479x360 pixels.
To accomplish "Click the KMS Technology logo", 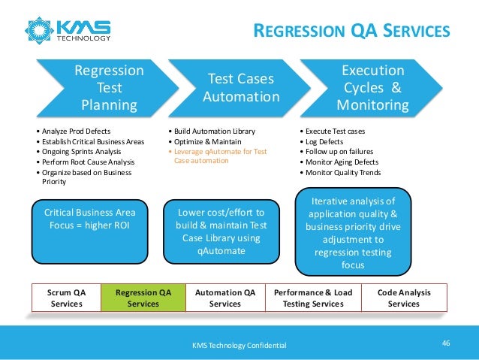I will click(68, 29).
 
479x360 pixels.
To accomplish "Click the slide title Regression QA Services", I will click(351, 31).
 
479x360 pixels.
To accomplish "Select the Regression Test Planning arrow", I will click(105, 87).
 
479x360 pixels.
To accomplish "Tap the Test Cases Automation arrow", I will click(240, 87).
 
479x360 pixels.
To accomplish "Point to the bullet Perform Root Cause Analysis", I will click(85, 162).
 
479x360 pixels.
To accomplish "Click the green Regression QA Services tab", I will click(143, 298).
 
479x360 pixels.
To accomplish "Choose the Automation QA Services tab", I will click(224, 298).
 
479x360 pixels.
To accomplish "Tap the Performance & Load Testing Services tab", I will click(313, 298).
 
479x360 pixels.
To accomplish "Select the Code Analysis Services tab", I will click(403, 298).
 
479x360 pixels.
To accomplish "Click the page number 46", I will click(446, 343).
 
